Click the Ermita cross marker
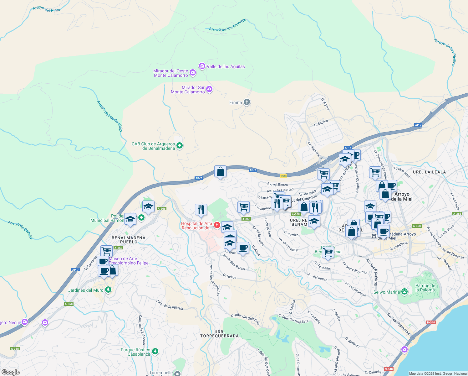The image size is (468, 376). tap(247, 102)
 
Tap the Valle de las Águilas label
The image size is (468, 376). tap(226, 66)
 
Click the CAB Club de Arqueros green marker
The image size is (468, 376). tap(180, 145)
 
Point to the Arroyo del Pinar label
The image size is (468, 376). tap(46, 9)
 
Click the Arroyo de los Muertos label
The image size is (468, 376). tap(227, 25)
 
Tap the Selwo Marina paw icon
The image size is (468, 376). tap(404, 292)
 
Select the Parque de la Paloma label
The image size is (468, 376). tap(425, 288)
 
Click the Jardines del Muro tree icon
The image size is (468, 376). tap(108, 290)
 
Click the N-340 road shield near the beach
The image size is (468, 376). tap(430, 322)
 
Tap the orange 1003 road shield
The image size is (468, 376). tap(283, 176)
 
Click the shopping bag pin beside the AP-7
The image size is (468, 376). tap(220, 172)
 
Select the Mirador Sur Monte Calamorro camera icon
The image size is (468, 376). tap(209, 89)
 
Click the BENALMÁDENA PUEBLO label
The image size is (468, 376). tap(129, 240)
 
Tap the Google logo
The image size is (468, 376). tap(10, 372)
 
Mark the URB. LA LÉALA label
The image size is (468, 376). tap(429, 172)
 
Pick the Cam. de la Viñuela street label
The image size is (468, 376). tap(169, 305)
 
